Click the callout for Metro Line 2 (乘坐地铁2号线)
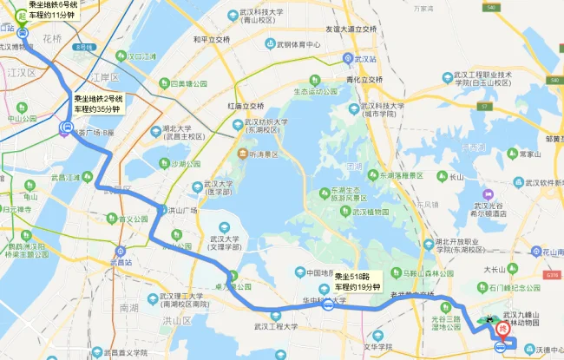pos(98,105)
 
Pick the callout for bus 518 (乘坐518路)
pos(357,281)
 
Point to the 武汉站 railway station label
pos(364,59)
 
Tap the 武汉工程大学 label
pos(269,327)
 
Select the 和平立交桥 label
pos(211,40)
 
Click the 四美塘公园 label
pos(187,84)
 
